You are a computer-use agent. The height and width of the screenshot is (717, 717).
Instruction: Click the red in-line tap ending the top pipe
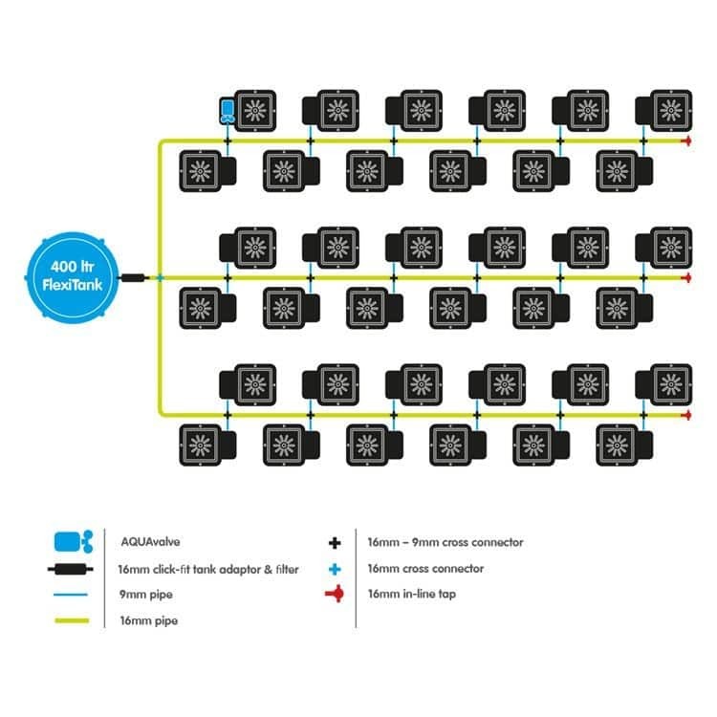[685, 141]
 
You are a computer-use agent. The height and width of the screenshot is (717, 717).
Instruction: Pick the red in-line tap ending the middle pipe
[685, 277]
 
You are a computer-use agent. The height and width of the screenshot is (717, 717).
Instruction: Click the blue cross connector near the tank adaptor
[160, 277]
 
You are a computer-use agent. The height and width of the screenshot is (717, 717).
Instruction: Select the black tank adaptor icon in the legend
[74, 569]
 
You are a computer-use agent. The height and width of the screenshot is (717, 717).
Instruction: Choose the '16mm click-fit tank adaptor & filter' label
[208, 569]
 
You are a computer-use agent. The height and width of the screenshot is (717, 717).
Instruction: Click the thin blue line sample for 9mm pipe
[74, 595]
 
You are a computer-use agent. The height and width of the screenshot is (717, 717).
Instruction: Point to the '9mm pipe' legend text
[141, 595]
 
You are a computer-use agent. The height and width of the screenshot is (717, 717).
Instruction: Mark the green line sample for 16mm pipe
[74, 620]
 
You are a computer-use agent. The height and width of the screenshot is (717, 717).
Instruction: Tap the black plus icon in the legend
[334, 542]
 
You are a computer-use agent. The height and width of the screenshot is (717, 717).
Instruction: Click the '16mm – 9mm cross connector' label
[445, 542]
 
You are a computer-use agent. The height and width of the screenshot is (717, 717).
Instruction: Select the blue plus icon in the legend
[334, 569]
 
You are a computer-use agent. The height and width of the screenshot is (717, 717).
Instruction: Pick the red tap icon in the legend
[334, 595]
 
